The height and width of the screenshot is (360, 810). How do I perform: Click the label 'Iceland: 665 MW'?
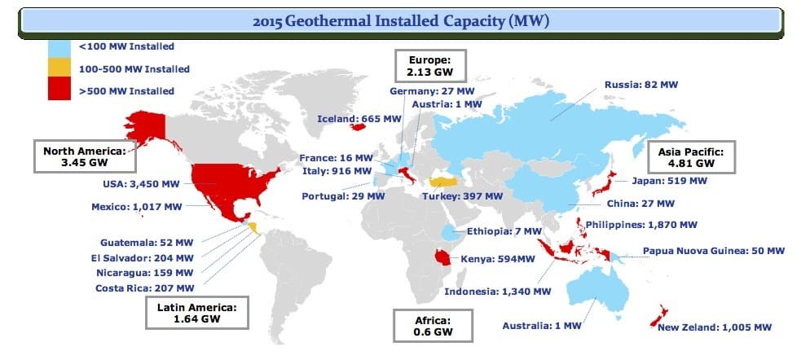pos(359,119)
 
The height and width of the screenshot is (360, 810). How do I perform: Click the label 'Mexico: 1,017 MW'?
pos(136,207)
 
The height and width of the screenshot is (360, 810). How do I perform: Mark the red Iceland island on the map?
pos(357,126)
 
